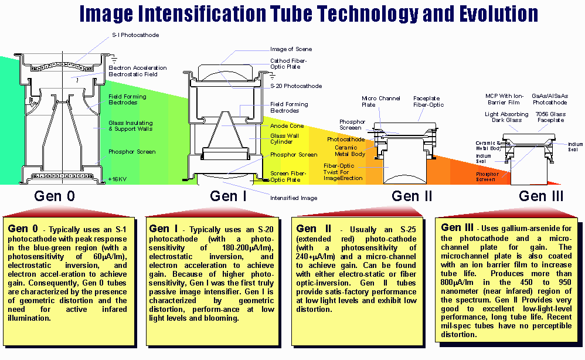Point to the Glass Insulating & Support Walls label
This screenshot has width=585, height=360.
pyautogui.click(x=131, y=125)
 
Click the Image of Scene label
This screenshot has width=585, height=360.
pyautogui.click(x=291, y=49)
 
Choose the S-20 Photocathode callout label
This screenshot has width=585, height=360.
pyautogui.click(x=296, y=86)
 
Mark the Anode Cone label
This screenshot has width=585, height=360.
pyautogui.click(x=287, y=126)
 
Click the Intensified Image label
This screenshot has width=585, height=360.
pyautogui.click(x=294, y=198)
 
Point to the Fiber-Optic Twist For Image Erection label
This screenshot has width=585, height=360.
pyautogui.click(x=343, y=172)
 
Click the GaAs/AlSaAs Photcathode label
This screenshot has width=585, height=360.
pyautogui.click(x=549, y=99)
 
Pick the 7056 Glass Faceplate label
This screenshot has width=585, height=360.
pyautogui.click(x=549, y=117)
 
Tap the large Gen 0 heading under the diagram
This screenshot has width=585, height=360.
pyautogui.click(x=55, y=196)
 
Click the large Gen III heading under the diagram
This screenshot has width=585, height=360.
pyautogui.click(x=541, y=196)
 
